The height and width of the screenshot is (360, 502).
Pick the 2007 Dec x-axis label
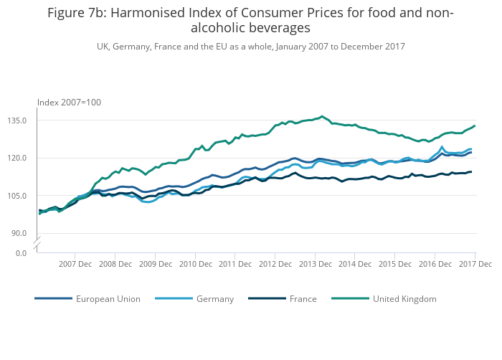pyautogui.click(x=75, y=264)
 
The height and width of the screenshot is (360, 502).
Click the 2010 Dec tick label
pyautogui.click(x=195, y=264)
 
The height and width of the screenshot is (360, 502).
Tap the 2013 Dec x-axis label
pyautogui.click(x=315, y=264)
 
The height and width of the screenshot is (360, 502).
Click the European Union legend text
pyautogui.click(x=108, y=299)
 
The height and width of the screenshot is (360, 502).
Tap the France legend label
pyautogui.click(x=303, y=299)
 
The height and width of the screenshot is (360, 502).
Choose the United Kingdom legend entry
pyautogui.click(x=404, y=299)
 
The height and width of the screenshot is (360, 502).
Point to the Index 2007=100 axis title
pyautogui.click(x=69, y=103)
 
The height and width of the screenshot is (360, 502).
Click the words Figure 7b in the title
pyautogui.click(x=77, y=13)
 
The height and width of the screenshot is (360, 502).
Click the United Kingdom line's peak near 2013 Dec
pyautogui.click(x=322, y=116)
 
